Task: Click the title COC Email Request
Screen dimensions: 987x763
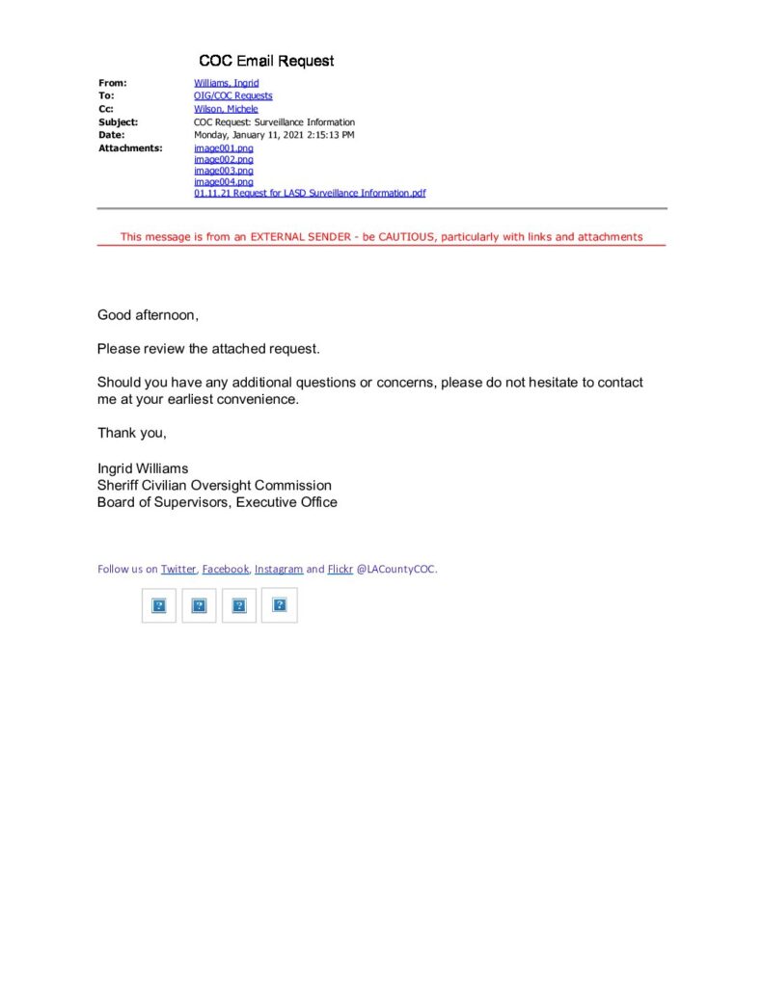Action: [x=266, y=61]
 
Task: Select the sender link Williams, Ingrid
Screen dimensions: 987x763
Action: [x=226, y=83]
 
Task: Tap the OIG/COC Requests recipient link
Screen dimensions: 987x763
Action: [x=232, y=96]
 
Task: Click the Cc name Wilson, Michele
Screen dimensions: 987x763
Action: [x=226, y=109]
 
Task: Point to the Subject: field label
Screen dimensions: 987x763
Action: [x=118, y=122]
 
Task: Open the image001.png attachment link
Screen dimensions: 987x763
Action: [x=223, y=148]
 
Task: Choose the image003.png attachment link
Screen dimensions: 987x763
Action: [x=223, y=171]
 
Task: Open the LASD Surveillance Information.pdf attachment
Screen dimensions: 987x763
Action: [x=310, y=193]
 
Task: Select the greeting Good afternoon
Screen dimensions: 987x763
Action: [x=148, y=315]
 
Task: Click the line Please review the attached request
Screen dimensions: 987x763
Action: [x=207, y=348]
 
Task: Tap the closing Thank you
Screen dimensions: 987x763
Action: [x=131, y=433]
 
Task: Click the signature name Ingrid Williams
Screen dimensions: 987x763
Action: [x=143, y=468]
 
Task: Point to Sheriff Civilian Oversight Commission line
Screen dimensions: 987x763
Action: [x=214, y=485]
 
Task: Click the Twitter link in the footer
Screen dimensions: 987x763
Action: [x=178, y=569]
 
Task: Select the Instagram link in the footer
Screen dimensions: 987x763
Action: [x=279, y=569]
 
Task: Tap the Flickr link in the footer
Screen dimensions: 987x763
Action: [x=341, y=569]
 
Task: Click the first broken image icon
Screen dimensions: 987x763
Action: [x=159, y=605]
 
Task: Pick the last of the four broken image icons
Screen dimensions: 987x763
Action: [x=280, y=605]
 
